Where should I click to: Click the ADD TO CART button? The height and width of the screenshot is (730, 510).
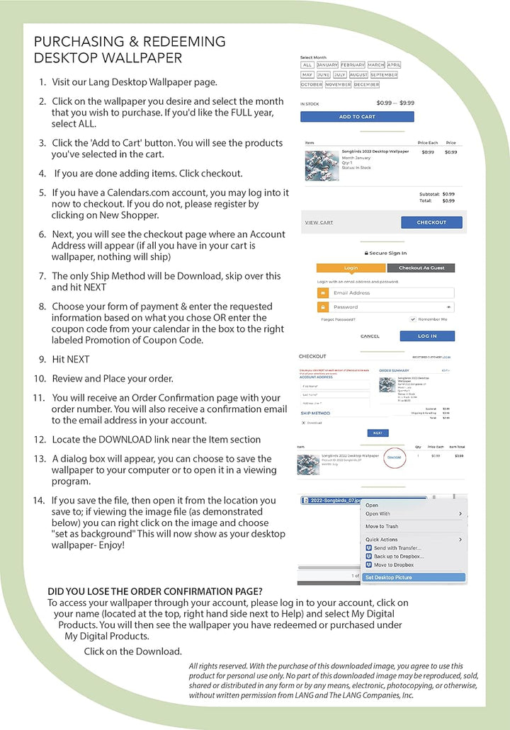pyautogui.click(x=357, y=117)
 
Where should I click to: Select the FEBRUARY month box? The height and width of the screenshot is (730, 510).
pyautogui.click(x=352, y=65)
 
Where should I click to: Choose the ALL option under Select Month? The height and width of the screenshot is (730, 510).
pyautogui.click(x=307, y=65)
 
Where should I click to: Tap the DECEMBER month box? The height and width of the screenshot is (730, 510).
pyautogui.click(x=366, y=84)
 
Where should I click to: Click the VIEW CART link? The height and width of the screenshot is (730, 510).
pyautogui.click(x=319, y=222)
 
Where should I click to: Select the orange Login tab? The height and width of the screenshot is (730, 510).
pyautogui.click(x=351, y=268)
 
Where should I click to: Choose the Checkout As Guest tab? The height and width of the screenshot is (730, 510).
pyautogui.click(x=421, y=268)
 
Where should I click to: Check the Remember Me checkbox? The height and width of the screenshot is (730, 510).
pyautogui.click(x=413, y=319)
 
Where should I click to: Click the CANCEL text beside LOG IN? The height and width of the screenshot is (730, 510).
pyautogui.click(x=370, y=336)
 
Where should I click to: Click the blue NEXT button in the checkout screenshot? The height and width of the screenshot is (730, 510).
pyautogui.click(x=378, y=433)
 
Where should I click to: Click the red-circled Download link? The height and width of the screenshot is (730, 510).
pyautogui.click(x=394, y=457)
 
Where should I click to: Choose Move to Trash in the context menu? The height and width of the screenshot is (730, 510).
pyautogui.click(x=382, y=527)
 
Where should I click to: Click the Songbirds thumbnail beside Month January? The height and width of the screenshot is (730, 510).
pyautogui.click(x=322, y=164)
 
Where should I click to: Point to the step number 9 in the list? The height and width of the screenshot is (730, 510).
pyautogui.click(x=42, y=360)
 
